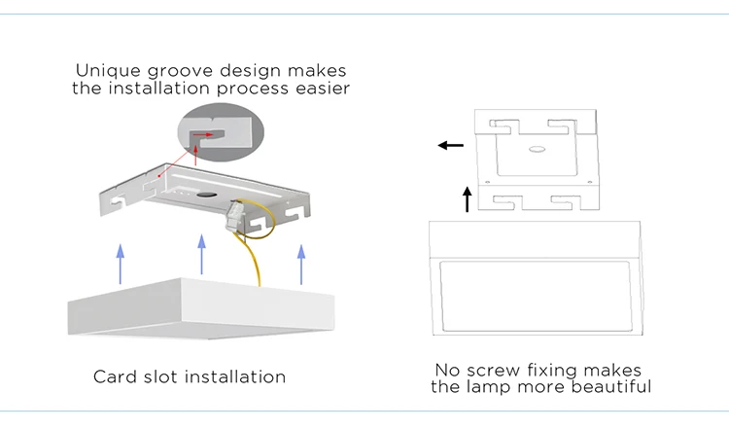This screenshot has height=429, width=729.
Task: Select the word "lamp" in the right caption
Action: coord(520,387)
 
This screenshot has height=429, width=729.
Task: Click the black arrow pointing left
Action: coord(449,146)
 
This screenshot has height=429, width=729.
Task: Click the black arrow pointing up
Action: coord(468,199)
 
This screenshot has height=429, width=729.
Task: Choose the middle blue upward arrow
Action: coord(202,253)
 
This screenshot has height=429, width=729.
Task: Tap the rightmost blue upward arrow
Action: coord(301,263)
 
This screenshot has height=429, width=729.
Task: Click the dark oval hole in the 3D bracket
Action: coord(207,197)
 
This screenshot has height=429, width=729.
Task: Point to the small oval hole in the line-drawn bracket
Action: coord(535,151)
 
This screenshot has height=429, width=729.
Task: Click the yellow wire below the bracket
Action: coord(260,258)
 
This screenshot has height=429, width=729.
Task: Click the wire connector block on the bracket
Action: coord(237,212)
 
